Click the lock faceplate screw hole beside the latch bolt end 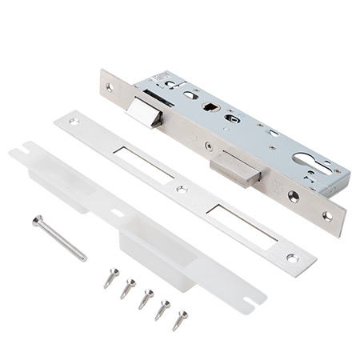coord(110,86)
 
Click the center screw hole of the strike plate coord(182,190)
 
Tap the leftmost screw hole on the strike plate coord(74,122)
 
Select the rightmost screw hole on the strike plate coord(292,258)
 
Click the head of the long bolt coord(37,220)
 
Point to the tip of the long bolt coord(84,258)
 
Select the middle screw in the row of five coord(145,299)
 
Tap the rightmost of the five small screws coord(180,319)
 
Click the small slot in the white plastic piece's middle coord(118,213)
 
